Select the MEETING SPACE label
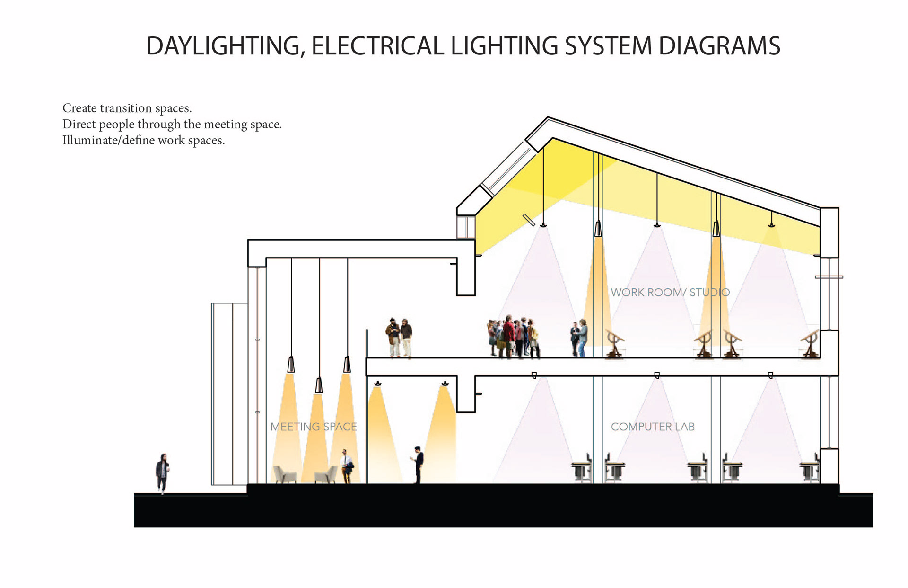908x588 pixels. (x=314, y=427)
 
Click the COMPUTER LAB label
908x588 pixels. (x=653, y=427)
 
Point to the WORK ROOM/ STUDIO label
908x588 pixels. (x=670, y=292)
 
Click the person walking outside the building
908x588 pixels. (x=162, y=473)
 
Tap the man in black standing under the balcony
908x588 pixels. (x=418, y=464)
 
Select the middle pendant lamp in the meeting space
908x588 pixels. (x=319, y=385)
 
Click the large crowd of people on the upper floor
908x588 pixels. (x=514, y=337)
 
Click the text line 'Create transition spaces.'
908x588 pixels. (x=127, y=108)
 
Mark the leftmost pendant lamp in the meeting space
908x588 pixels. (x=291, y=365)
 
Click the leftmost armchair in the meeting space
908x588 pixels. (x=285, y=474)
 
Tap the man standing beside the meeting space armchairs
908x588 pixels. (x=347, y=466)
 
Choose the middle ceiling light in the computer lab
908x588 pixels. (x=657, y=375)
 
